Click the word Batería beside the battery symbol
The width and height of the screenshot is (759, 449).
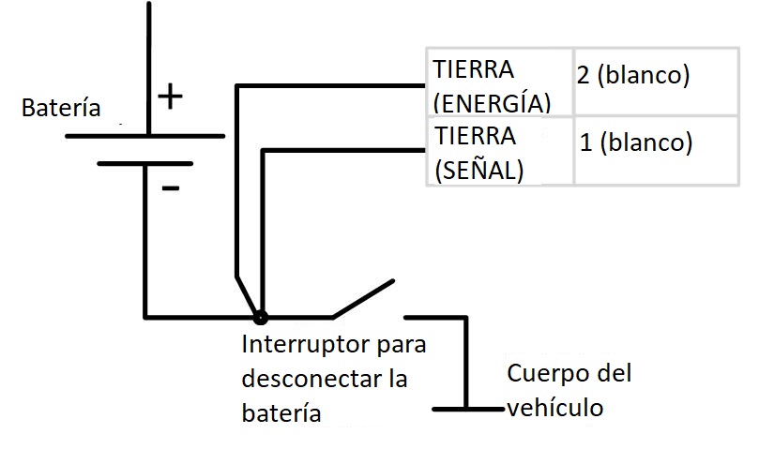[x=61, y=108]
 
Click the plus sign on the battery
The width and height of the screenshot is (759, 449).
[x=169, y=97]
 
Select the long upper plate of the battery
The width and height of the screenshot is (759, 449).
[x=144, y=136]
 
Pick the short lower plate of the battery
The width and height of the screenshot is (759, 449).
[x=144, y=163]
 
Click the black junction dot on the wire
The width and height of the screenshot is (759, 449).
[x=260, y=318]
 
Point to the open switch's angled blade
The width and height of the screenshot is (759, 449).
[x=363, y=297]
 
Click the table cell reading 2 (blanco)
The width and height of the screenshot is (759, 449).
[x=633, y=76]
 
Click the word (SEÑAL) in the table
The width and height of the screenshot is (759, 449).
[x=478, y=170]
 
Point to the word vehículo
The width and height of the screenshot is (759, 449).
[x=554, y=408]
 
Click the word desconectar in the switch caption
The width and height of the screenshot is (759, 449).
[x=311, y=379]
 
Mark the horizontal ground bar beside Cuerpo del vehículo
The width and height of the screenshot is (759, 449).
[x=468, y=409]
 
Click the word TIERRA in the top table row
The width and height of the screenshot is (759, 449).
[x=474, y=69]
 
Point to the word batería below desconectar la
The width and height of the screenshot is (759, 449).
[x=281, y=412]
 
